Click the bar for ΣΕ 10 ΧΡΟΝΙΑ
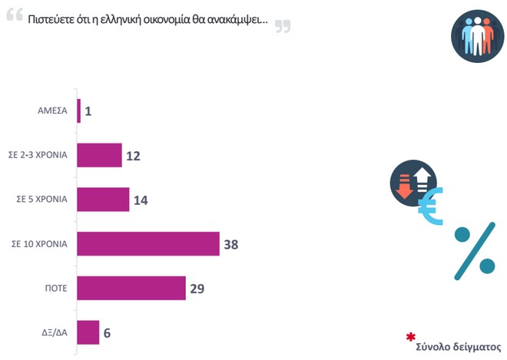148,244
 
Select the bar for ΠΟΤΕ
131,289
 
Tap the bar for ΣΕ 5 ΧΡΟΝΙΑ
103,200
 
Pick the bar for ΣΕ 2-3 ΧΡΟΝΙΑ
100,156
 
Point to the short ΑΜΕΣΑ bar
78,112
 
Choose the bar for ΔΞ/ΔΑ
88,332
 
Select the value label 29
198,289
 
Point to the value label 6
108,332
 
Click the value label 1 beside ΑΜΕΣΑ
88,112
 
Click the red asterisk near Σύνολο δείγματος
411,337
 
